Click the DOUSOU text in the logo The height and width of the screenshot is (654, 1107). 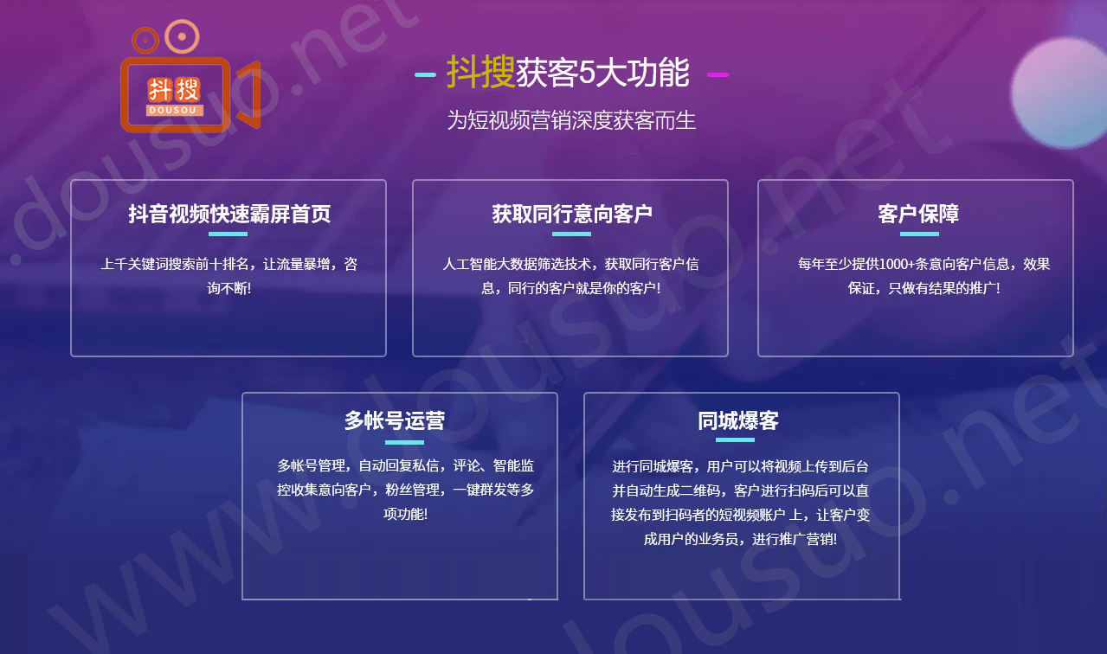175,110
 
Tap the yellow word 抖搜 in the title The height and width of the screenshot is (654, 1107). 480,73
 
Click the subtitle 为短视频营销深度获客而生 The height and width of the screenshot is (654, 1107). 571,120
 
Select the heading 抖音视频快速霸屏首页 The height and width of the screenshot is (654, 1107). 229,214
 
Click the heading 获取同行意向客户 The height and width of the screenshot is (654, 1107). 572,214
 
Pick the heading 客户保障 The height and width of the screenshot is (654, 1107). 918,214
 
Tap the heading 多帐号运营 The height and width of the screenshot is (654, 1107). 395,420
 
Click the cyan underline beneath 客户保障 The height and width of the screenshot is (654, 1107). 919,234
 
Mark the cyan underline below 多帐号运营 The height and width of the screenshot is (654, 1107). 404,442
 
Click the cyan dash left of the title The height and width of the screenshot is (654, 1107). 425,75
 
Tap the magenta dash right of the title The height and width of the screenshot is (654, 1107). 718,75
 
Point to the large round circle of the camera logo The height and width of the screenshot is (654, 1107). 182,36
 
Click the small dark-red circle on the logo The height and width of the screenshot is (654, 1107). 145,39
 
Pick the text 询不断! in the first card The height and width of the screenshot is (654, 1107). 229,288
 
